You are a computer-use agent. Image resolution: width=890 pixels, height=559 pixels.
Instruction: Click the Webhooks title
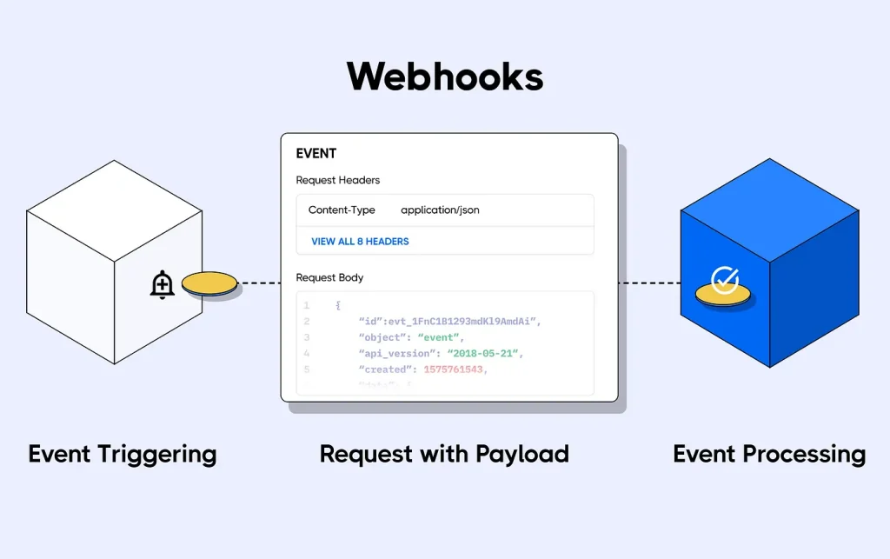[445, 77]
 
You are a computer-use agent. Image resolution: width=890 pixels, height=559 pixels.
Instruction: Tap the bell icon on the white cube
[163, 284]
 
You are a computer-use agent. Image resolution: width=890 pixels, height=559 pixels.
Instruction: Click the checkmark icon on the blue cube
[724, 279]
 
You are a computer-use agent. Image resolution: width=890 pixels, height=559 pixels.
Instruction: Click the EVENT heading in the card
[315, 154]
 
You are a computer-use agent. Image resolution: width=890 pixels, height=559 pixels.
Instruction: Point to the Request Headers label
[337, 180]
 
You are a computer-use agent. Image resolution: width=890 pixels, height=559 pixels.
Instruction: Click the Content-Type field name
[342, 210]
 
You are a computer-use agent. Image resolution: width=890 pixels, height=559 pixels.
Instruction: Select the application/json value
[440, 210]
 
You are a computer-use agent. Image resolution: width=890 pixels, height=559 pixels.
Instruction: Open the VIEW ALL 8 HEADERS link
[360, 241]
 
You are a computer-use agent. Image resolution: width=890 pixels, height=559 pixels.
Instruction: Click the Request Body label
[329, 277]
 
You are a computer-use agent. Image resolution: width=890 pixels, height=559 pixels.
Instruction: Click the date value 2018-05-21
[487, 354]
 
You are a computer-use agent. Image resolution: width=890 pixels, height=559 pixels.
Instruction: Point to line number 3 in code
[306, 337]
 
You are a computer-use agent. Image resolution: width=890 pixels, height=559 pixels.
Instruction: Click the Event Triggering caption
[123, 454]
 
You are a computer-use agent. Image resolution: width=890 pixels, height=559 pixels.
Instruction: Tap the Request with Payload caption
[444, 454]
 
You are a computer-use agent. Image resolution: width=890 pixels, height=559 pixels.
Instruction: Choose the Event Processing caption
[769, 454]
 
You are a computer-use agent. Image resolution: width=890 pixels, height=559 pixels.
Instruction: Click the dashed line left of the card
[259, 283]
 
